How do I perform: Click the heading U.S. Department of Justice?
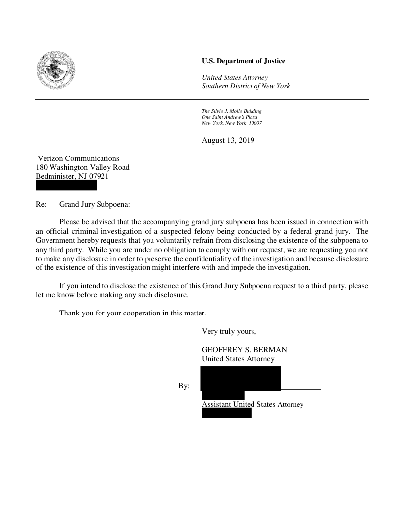coord(244,61)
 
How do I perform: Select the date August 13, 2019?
coord(228,141)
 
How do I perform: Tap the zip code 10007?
coord(255,123)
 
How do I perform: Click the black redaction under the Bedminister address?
coord(66,186)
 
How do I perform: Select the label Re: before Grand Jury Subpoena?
coord(41,204)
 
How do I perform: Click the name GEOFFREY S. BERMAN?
coord(244,350)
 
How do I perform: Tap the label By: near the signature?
coord(184,386)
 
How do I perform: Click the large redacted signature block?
coord(240,378)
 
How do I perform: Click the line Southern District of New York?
coord(246,86)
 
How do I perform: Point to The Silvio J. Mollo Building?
coord(232,111)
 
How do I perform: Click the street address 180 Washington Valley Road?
coord(83,167)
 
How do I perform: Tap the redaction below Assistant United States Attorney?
coord(226,413)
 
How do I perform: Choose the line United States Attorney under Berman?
coord(238,359)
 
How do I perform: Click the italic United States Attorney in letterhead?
coord(235,78)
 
